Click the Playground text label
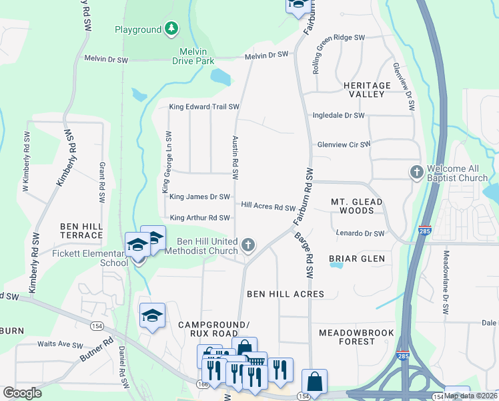[x=138, y=29]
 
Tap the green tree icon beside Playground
[x=172, y=28]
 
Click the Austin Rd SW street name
[x=235, y=158]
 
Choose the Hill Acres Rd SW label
[x=268, y=207]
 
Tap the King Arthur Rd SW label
[x=199, y=218]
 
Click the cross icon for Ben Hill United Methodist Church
[x=248, y=245]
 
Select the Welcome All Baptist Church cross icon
[x=416, y=172]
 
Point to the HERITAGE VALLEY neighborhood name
[x=366, y=90]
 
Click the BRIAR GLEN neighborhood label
[x=357, y=259]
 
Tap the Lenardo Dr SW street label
[x=360, y=234]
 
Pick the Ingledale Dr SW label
[x=339, y=116]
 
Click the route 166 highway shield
[x=202, y=384]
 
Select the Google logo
[x=22, y=392]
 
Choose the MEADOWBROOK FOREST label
[x=357, y=337]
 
